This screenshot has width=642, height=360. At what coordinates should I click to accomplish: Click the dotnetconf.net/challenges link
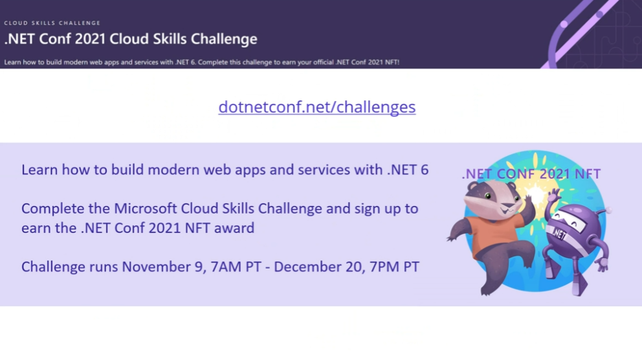click(317, 107)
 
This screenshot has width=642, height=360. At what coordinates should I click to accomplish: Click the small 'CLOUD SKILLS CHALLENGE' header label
click(52, 23)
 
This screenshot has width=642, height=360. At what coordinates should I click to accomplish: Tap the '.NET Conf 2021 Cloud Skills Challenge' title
click(131, 39)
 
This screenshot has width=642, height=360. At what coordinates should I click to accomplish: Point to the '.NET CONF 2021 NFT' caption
click(531, 174)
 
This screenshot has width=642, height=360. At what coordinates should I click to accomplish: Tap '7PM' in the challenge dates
click(384, 267)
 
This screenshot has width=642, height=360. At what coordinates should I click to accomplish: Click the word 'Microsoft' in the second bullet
click(146, 208)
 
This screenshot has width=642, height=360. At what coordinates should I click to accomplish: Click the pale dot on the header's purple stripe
click(564, 24)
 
